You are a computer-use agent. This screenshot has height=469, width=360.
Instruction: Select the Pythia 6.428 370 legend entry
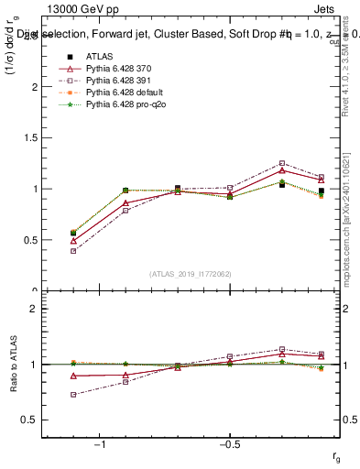[x=116, y=69]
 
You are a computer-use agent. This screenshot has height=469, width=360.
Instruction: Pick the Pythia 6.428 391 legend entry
[x=116, y=82]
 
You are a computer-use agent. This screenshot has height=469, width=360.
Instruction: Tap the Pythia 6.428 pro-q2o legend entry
[x=121, y=107]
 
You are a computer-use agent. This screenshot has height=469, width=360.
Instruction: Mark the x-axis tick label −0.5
[x=228, y=445]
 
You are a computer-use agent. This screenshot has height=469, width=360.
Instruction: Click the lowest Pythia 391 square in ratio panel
[x=73, y=394]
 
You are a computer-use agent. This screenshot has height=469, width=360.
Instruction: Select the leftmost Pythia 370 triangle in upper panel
[x=73, y=240]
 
